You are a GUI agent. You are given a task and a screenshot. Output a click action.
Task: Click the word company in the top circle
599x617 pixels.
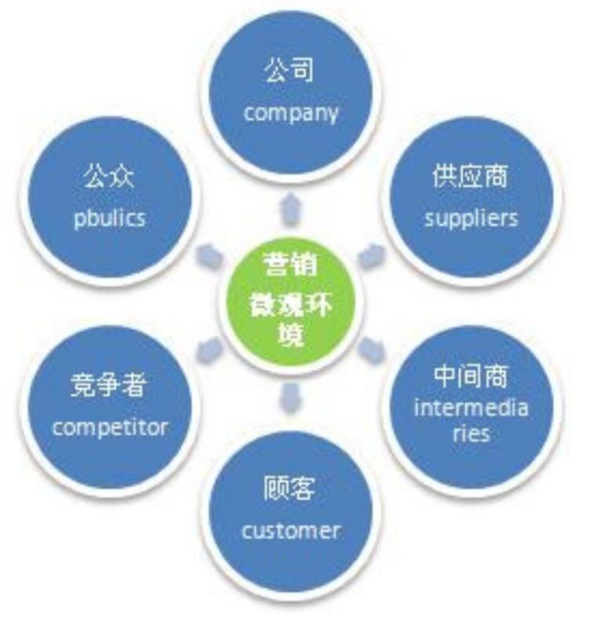pyautogui.click(x=290, y=112)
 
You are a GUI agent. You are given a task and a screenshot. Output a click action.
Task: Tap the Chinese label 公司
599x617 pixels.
pyautogui.click(x=289, y=71)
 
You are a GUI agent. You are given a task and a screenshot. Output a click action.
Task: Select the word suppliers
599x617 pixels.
pyautogui.click(x=471, y=217)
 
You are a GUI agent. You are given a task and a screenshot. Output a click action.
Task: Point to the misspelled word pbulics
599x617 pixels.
pyautogui.click(x=110, y=217)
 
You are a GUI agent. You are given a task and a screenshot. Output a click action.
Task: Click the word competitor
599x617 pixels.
pyautogui.click(x=110, y=427)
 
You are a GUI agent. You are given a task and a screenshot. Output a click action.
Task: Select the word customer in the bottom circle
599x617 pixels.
pyautogui.click(x=290, y=531)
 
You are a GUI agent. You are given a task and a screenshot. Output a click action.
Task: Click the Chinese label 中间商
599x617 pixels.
pyautogui.click(x=471, y=376)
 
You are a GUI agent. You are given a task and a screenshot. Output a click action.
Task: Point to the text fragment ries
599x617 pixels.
pyautogui.click(x=471, y=433)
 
